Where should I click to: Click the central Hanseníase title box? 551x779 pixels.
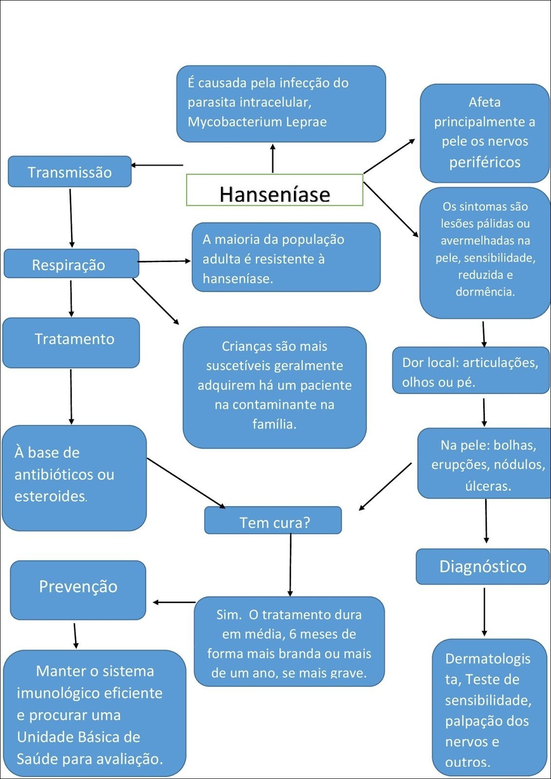[x=274, y=190]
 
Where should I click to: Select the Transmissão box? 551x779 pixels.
[x=70, y=172]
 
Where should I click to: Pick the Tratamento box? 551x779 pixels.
[x=71, y=342]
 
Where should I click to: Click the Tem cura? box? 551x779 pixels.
[x=273, y=521]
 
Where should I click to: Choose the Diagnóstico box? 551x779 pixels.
[x=482, y=566]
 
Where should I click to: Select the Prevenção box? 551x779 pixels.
[x=78, y=589]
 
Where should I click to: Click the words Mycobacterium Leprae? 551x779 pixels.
[x=257, y=122]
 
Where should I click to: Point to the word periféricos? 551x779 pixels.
[x=485, y=162]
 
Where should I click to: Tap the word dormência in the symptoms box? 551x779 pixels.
[x=485, y=292]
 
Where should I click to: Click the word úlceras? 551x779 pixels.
[x=488, y=486]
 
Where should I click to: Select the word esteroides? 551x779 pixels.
[x=50, y=496]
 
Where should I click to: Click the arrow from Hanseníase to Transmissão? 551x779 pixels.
[x=157, y=165]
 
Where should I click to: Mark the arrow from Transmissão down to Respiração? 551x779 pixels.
[x=71, y=218]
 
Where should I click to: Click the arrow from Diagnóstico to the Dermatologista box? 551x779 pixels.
[x=484, y=612]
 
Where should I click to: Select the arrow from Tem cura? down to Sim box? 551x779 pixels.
[x=290, y=565]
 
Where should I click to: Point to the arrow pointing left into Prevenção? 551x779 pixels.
[x=174, y=602]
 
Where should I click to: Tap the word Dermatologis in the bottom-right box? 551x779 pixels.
[x=488, y=659]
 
